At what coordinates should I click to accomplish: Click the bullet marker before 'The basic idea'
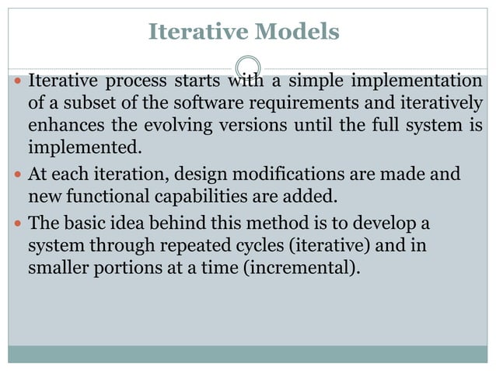tap(18, 224)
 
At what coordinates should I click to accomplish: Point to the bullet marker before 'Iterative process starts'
tap(18, 81)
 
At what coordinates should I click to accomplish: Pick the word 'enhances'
tap(62, 126)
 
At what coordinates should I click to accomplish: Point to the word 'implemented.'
tap(86, 147)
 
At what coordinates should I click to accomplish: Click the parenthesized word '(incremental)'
tap(310, 269)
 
